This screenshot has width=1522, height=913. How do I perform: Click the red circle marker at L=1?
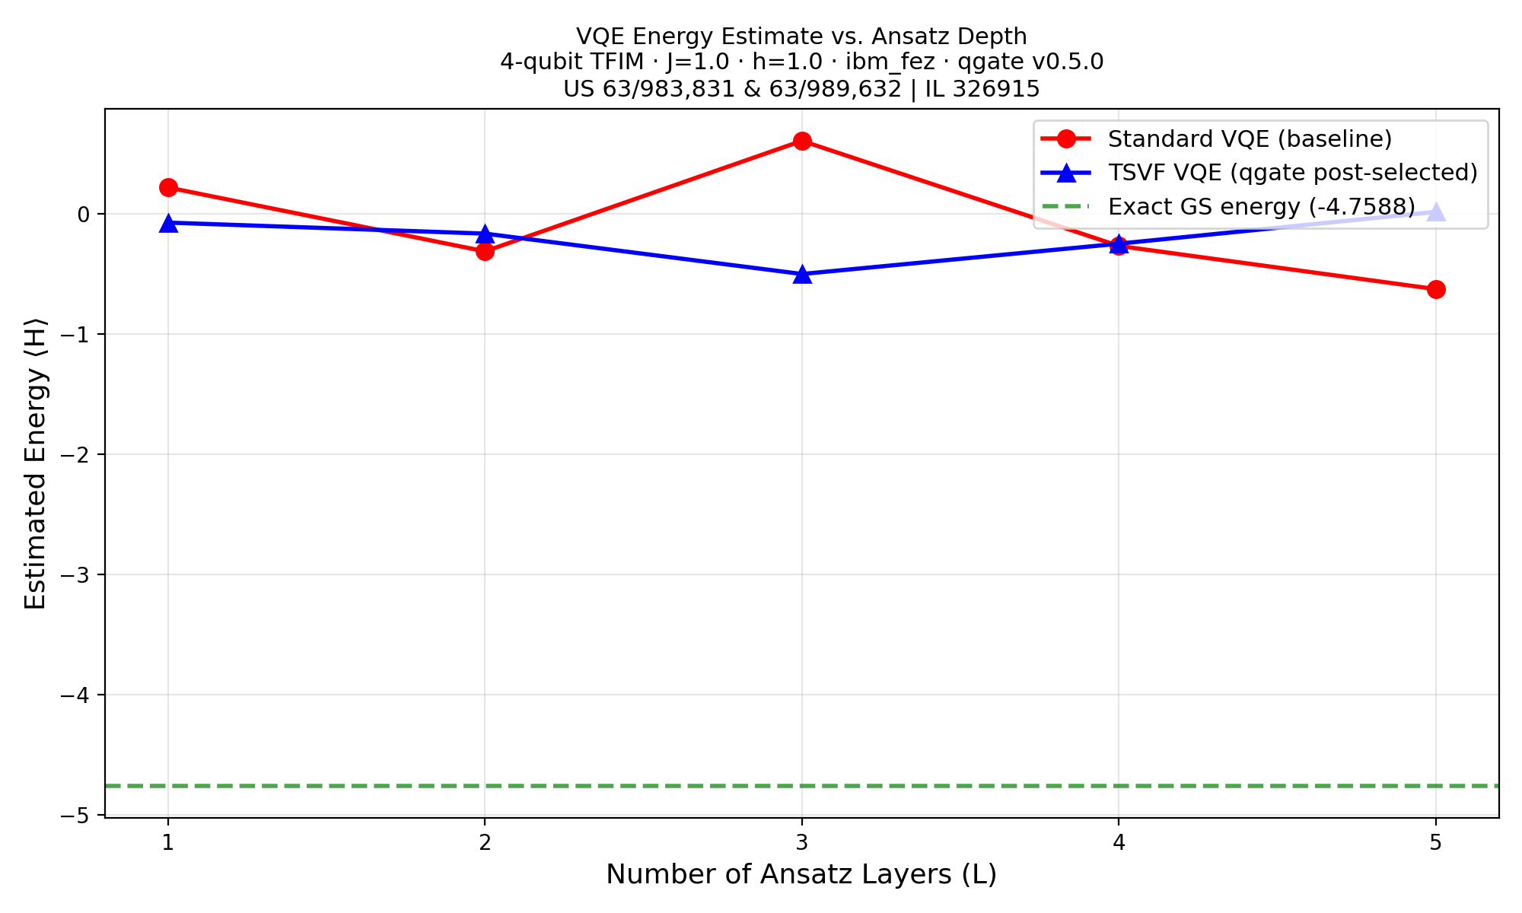click(168, 187)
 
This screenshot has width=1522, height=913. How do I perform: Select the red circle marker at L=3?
click(801, 141)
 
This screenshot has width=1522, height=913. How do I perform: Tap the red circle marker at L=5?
click(1435, 289)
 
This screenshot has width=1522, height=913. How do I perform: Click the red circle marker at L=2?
click(485, 251)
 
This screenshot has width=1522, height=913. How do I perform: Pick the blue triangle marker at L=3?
click(801, 274)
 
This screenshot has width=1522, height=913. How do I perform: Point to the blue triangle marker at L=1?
click(168, 223)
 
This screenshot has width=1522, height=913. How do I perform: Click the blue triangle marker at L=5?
click(1435, 212)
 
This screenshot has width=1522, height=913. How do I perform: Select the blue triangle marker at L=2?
click(485, 234)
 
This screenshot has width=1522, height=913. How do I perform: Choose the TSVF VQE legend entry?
click(1292, 173)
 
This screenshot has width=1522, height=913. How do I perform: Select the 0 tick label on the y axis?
click(84, 214)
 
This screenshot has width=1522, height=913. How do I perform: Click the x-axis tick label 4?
click(1118, 843)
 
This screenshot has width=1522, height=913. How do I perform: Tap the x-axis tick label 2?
click(485, 843)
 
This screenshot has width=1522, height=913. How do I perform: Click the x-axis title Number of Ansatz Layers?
click(801, 874)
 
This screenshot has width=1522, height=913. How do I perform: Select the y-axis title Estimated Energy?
click(36, 463)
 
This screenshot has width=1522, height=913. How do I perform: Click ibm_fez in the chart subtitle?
click(890, 62)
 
